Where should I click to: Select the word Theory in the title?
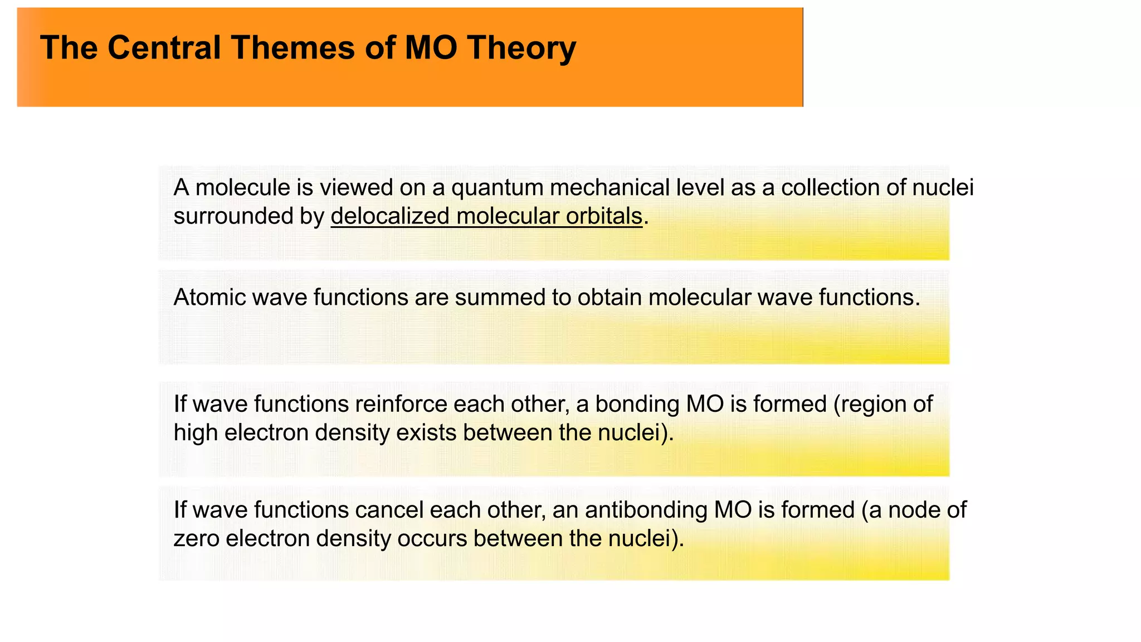coord(521,48)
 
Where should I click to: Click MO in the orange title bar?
coord(431,47)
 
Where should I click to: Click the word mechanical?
coord(609,188)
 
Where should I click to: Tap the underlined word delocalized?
coord(390,216)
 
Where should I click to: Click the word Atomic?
coord(209,298)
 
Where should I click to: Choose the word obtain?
coord(609,298)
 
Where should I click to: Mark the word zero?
coord(197,539)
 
